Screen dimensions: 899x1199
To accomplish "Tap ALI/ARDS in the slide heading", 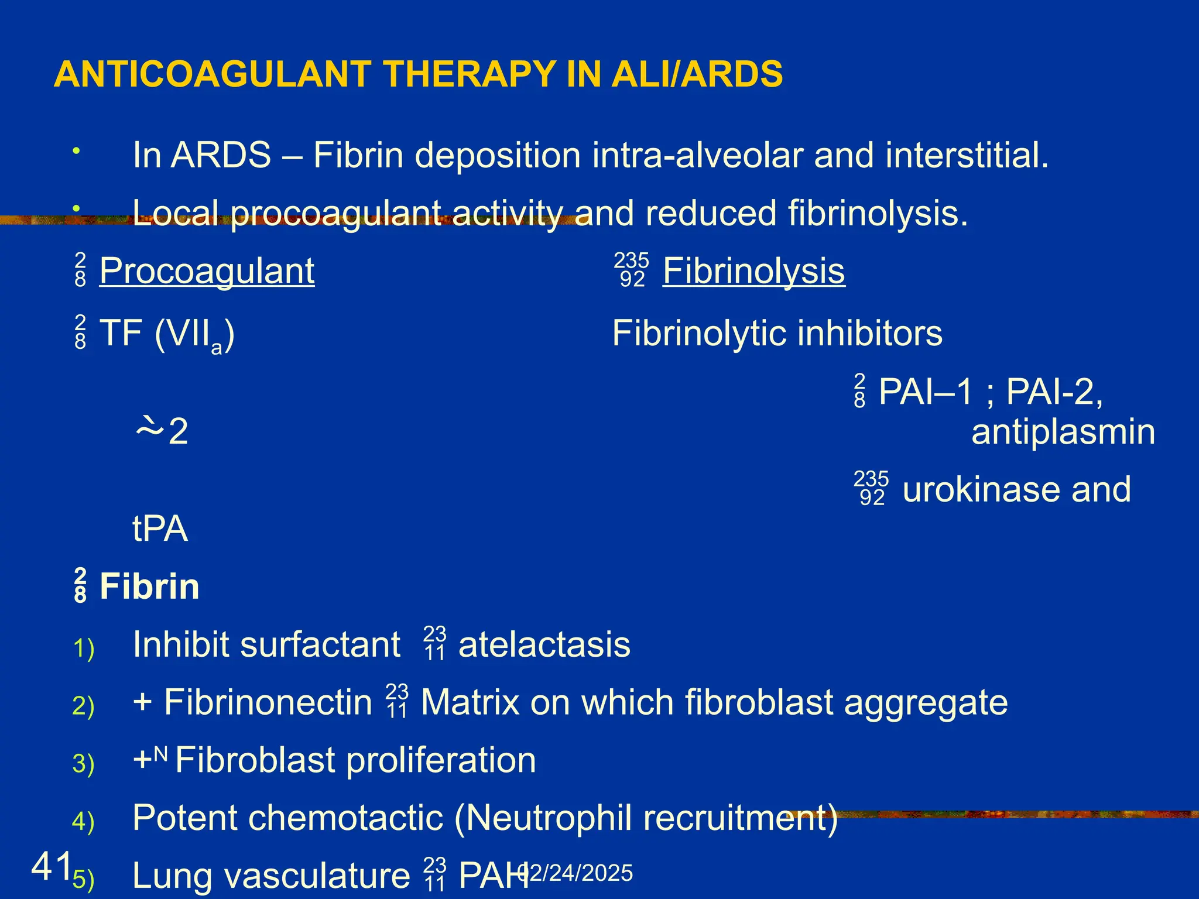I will click(x=697, y=74).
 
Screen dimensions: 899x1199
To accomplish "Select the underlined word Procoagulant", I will click(x=207, y=272).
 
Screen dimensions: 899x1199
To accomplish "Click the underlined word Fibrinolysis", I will click(x=753, y=272).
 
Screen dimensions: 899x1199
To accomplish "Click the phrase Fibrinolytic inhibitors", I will click(x=777, y=334).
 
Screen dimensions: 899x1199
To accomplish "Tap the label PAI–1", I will click(x=926, y=392).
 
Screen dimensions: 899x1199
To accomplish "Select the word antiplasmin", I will click(x=1063, y=433).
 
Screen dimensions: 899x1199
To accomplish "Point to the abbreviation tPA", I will click(x=160, y=529).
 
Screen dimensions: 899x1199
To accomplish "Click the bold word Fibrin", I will click(x=149, y=586).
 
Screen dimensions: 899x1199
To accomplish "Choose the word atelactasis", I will click(x=544, y=645).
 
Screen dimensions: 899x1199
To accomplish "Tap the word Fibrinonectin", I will click(x=268, y=702).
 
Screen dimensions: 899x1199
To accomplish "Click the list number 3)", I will click(x=83, y=764).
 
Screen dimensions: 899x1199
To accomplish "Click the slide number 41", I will click(x=52, y=866).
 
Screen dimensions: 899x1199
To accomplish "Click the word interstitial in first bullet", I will click(x=966, y=156).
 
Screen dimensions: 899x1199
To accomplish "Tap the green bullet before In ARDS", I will click(x=76, y=152).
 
